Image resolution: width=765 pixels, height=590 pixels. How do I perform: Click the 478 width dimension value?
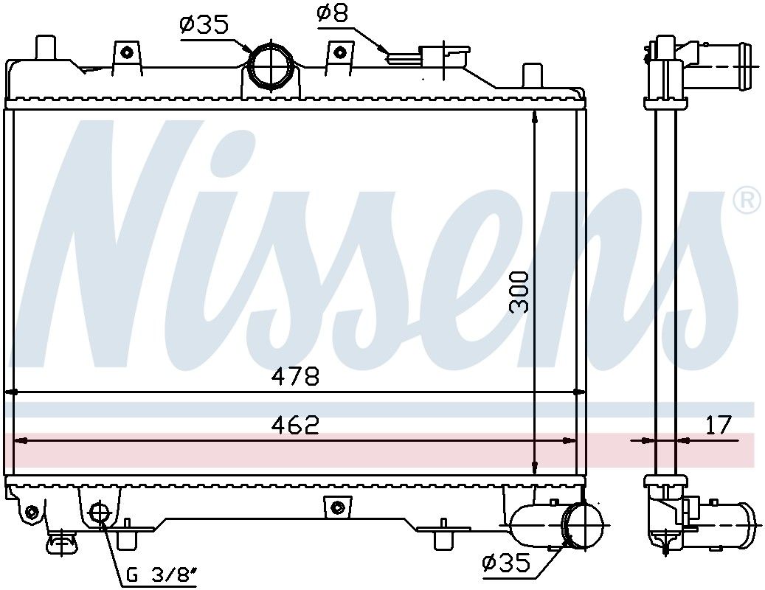click(296, 376)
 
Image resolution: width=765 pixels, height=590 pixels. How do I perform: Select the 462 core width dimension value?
click(296, 425)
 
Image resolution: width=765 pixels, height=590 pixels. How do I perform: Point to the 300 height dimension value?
click(519, 292)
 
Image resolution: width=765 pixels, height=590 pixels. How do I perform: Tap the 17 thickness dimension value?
click(719, 425)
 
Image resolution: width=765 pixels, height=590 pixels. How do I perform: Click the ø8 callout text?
click(332, 13)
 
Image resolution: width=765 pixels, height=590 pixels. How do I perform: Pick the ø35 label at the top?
click(204, 25)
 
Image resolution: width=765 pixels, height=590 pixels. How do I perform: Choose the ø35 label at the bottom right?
click(505, 563)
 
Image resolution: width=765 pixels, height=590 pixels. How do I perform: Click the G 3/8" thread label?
click(161, 576)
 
